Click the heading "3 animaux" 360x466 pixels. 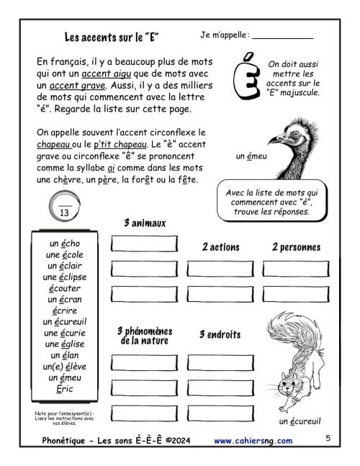coord(144,223)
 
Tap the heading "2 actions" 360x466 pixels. coord(220,247)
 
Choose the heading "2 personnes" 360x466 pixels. coord(296,247)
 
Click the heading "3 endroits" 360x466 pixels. coord(220,335)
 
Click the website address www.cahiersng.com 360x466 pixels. coord(253,441)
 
